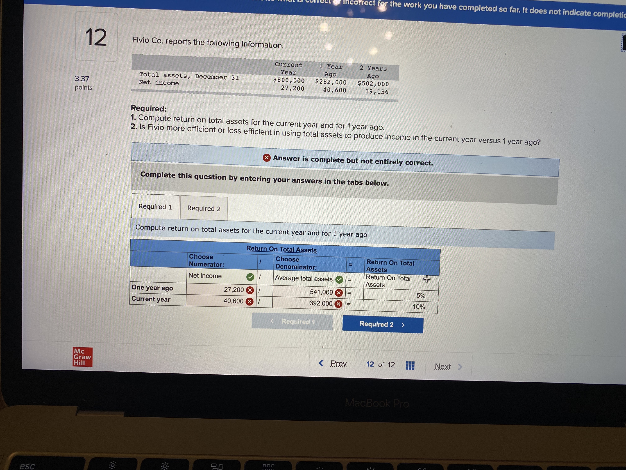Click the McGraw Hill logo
point(82,357)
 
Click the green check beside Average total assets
point(339,280)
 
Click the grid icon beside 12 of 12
point(410,365)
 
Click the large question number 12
point(96,37)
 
